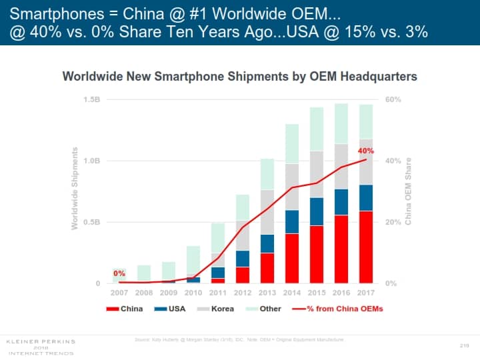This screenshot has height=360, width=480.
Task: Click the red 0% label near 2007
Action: click(119, 273)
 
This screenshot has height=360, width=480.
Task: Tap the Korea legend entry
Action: click(215, 309)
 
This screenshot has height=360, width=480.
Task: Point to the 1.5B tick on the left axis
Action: click(91, 99)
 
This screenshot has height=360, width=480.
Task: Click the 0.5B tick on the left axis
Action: click(91, 222)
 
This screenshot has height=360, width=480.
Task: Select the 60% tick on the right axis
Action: click(393, 99)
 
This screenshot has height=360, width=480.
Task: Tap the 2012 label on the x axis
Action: click(242, 293)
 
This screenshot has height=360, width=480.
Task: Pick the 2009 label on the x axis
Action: click(169, 293)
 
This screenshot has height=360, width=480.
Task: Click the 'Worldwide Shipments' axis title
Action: click(75, 189)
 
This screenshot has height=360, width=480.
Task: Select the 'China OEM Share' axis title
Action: click(408, 190)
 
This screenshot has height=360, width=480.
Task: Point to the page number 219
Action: click(465, 345)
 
